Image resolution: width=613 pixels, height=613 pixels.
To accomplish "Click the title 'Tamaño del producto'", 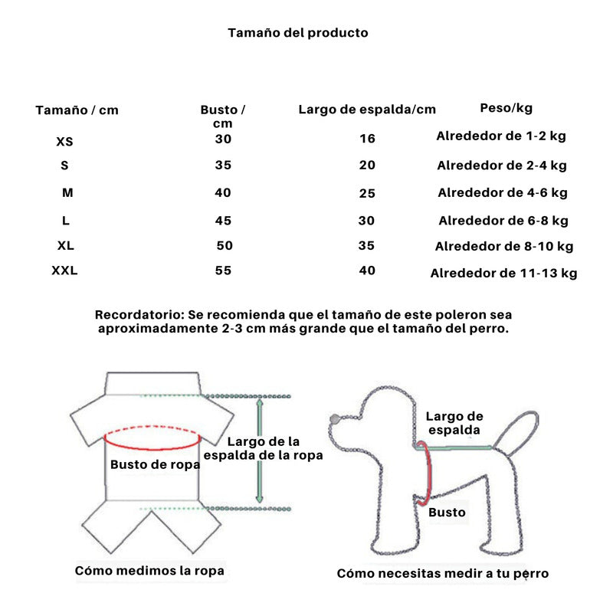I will [x=298, y=33].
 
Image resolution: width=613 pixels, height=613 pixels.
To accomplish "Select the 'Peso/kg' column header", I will [x=506, y=108].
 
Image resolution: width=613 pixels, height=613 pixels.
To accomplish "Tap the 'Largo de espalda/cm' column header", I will [x=367, y=110].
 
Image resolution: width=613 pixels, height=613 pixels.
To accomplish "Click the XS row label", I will [x=65, y=142].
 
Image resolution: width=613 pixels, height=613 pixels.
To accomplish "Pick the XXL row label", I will [x=65, y=270].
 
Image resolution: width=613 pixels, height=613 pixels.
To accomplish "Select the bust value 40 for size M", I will [x=223, y=192].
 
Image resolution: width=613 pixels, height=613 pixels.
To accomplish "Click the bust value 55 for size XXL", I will [x=223, y=270].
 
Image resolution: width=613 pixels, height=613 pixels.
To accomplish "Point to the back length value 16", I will [x=367, y=139].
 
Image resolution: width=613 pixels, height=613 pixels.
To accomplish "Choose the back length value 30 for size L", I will [x=367, y=221].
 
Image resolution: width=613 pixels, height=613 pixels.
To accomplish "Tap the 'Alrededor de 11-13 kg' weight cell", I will [x=503, y=273].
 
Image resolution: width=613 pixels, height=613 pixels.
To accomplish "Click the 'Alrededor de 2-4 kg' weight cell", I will [x=502, y=166].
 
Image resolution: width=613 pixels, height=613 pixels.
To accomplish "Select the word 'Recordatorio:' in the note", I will [x=137, y=315].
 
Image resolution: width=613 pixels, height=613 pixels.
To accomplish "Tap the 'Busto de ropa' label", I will [x=155, y=464].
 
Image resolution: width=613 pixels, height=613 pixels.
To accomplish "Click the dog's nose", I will [x=334, y=418].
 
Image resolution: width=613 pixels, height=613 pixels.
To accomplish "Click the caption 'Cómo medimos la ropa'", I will [x=149, y=571].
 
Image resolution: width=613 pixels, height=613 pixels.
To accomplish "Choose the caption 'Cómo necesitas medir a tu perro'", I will [x=442, y=573].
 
